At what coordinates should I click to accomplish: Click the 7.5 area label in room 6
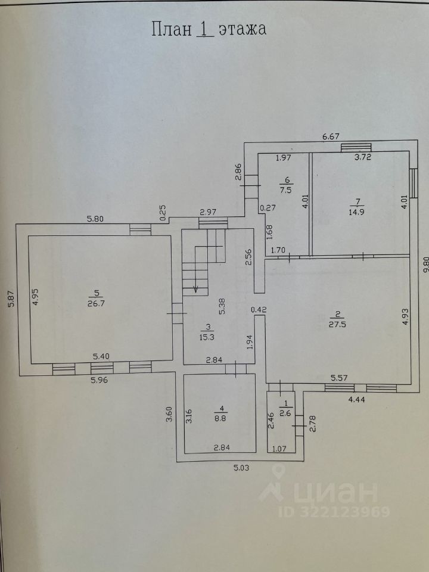point(287,191)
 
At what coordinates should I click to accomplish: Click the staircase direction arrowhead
point(195,290)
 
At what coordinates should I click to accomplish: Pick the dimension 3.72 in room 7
point(363,158)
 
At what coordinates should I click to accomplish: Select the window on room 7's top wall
point(356,147)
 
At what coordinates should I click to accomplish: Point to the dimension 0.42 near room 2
point(258,309)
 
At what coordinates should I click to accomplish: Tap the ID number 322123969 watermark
point(335,511)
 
